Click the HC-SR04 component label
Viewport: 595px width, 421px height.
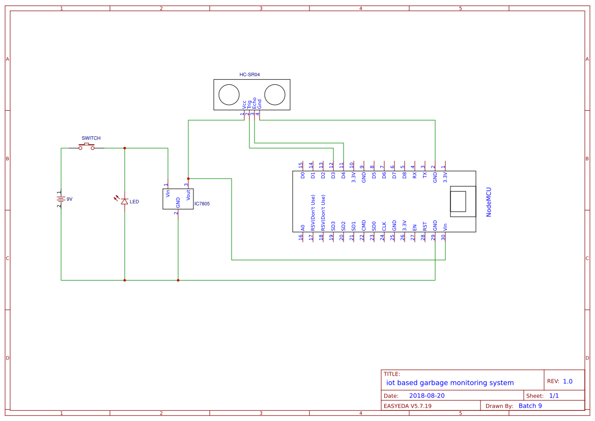(250, 75)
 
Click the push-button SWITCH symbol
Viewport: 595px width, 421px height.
(86, 147)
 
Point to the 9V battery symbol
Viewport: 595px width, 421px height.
(61, 199)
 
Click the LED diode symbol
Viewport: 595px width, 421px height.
(124, 201)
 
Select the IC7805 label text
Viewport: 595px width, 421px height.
(202, 203)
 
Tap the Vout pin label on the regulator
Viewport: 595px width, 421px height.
(188, 194)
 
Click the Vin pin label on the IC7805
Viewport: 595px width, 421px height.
(168, 193)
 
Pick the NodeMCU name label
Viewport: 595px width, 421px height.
(489, 202)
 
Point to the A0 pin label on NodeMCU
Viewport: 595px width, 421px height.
(302, 228)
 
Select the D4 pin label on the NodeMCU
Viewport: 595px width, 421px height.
(343, 175)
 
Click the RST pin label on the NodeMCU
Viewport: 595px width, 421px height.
(424, 227)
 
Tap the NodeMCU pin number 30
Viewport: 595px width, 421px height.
(443, 237)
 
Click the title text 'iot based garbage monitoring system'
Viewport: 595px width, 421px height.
(450, 383)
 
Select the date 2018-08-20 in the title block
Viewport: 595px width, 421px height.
(427, 396)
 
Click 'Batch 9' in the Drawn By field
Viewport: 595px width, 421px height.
(530, 406)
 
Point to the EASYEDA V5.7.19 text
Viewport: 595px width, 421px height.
(407, 406)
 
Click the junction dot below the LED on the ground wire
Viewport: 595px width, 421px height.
(125, 280)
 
